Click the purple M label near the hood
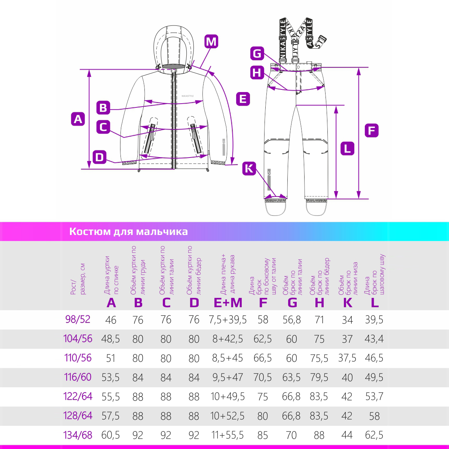(x=211, y=42)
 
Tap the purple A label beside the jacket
(x=78, y=119)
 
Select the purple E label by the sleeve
(x=243, y=99)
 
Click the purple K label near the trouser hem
(x=249, y=168)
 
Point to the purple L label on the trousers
(x=347, y=149)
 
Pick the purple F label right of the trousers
(x=372, y=131)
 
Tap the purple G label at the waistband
(x=257, y=54)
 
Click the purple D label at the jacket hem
(x=100, y=157)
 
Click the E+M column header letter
(x=228, y=302)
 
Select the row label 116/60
(x=78, y=377)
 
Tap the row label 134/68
(x=78, y=435)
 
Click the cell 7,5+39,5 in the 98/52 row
(x=228, y=320)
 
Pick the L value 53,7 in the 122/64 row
(x=374, y=396)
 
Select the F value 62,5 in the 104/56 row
(x=263, y=339)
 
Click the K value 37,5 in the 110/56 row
(x=347, y=358)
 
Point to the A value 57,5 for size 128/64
(x=111, y=416)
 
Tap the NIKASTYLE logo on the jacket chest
(x=188, y=96)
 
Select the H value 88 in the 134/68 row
(x=319, y=435)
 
